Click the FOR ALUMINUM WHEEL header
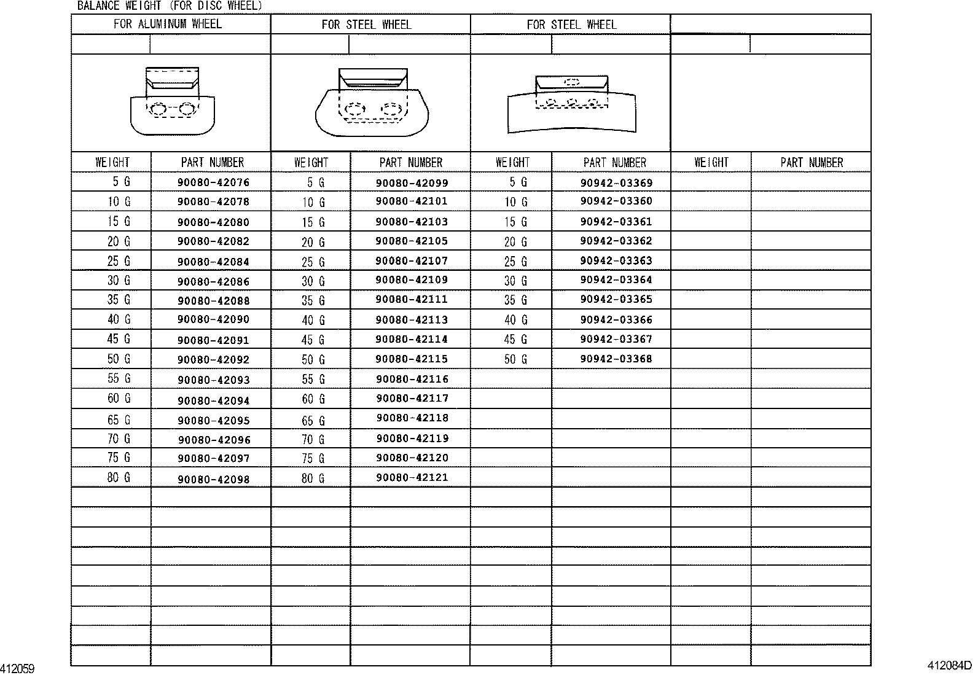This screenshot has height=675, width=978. (x=167, y=24)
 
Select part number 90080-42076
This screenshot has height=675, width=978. (x=213, y=182)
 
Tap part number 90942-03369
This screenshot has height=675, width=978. (x=616, y=182)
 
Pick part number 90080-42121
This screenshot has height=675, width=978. (x=412, y=477)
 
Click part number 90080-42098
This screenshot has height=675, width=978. (x=213, y=479)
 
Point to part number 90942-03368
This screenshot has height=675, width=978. (x=616, y=359)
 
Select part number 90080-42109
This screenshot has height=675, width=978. (x=412, y=280)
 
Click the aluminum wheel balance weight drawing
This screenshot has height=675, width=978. (x=172, y=102)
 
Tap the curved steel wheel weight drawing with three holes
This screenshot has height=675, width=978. (x=571, y=104)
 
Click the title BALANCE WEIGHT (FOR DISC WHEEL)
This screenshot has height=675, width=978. (x=170, y=6)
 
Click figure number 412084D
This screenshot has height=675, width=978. (x=950, y=665)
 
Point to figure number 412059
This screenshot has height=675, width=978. (x=18, y=668)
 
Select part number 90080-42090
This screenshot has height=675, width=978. (x=213, y=319)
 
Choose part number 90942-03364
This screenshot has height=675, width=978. (x=616, y=280)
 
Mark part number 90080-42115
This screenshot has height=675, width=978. (x=412, y=359)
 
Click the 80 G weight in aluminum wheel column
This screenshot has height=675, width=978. (x=119, y=477)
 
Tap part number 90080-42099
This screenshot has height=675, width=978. (x=412, y=182)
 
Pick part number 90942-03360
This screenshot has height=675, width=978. (x=616, y=201)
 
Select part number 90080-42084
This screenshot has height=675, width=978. (x=213, y=262)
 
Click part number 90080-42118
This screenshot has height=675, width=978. (x=412, y=418)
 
